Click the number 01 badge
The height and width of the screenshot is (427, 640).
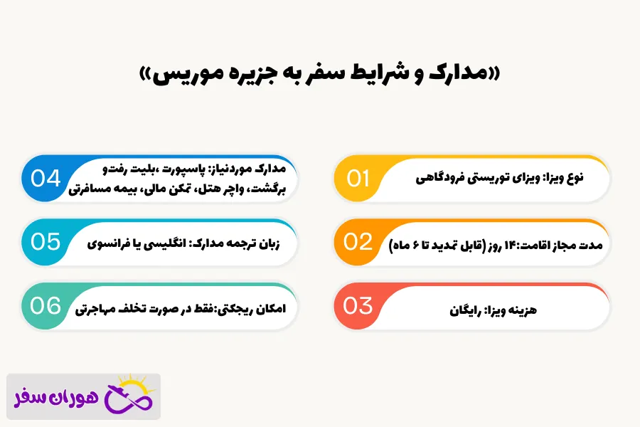coord(359,178)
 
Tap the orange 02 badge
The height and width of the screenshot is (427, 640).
coord(358,242)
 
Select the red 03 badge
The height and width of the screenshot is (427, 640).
coord(358,306)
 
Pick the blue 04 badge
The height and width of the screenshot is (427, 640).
coord(46,178)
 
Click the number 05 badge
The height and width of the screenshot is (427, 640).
coord(46,242)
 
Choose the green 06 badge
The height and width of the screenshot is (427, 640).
coord(46,306)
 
